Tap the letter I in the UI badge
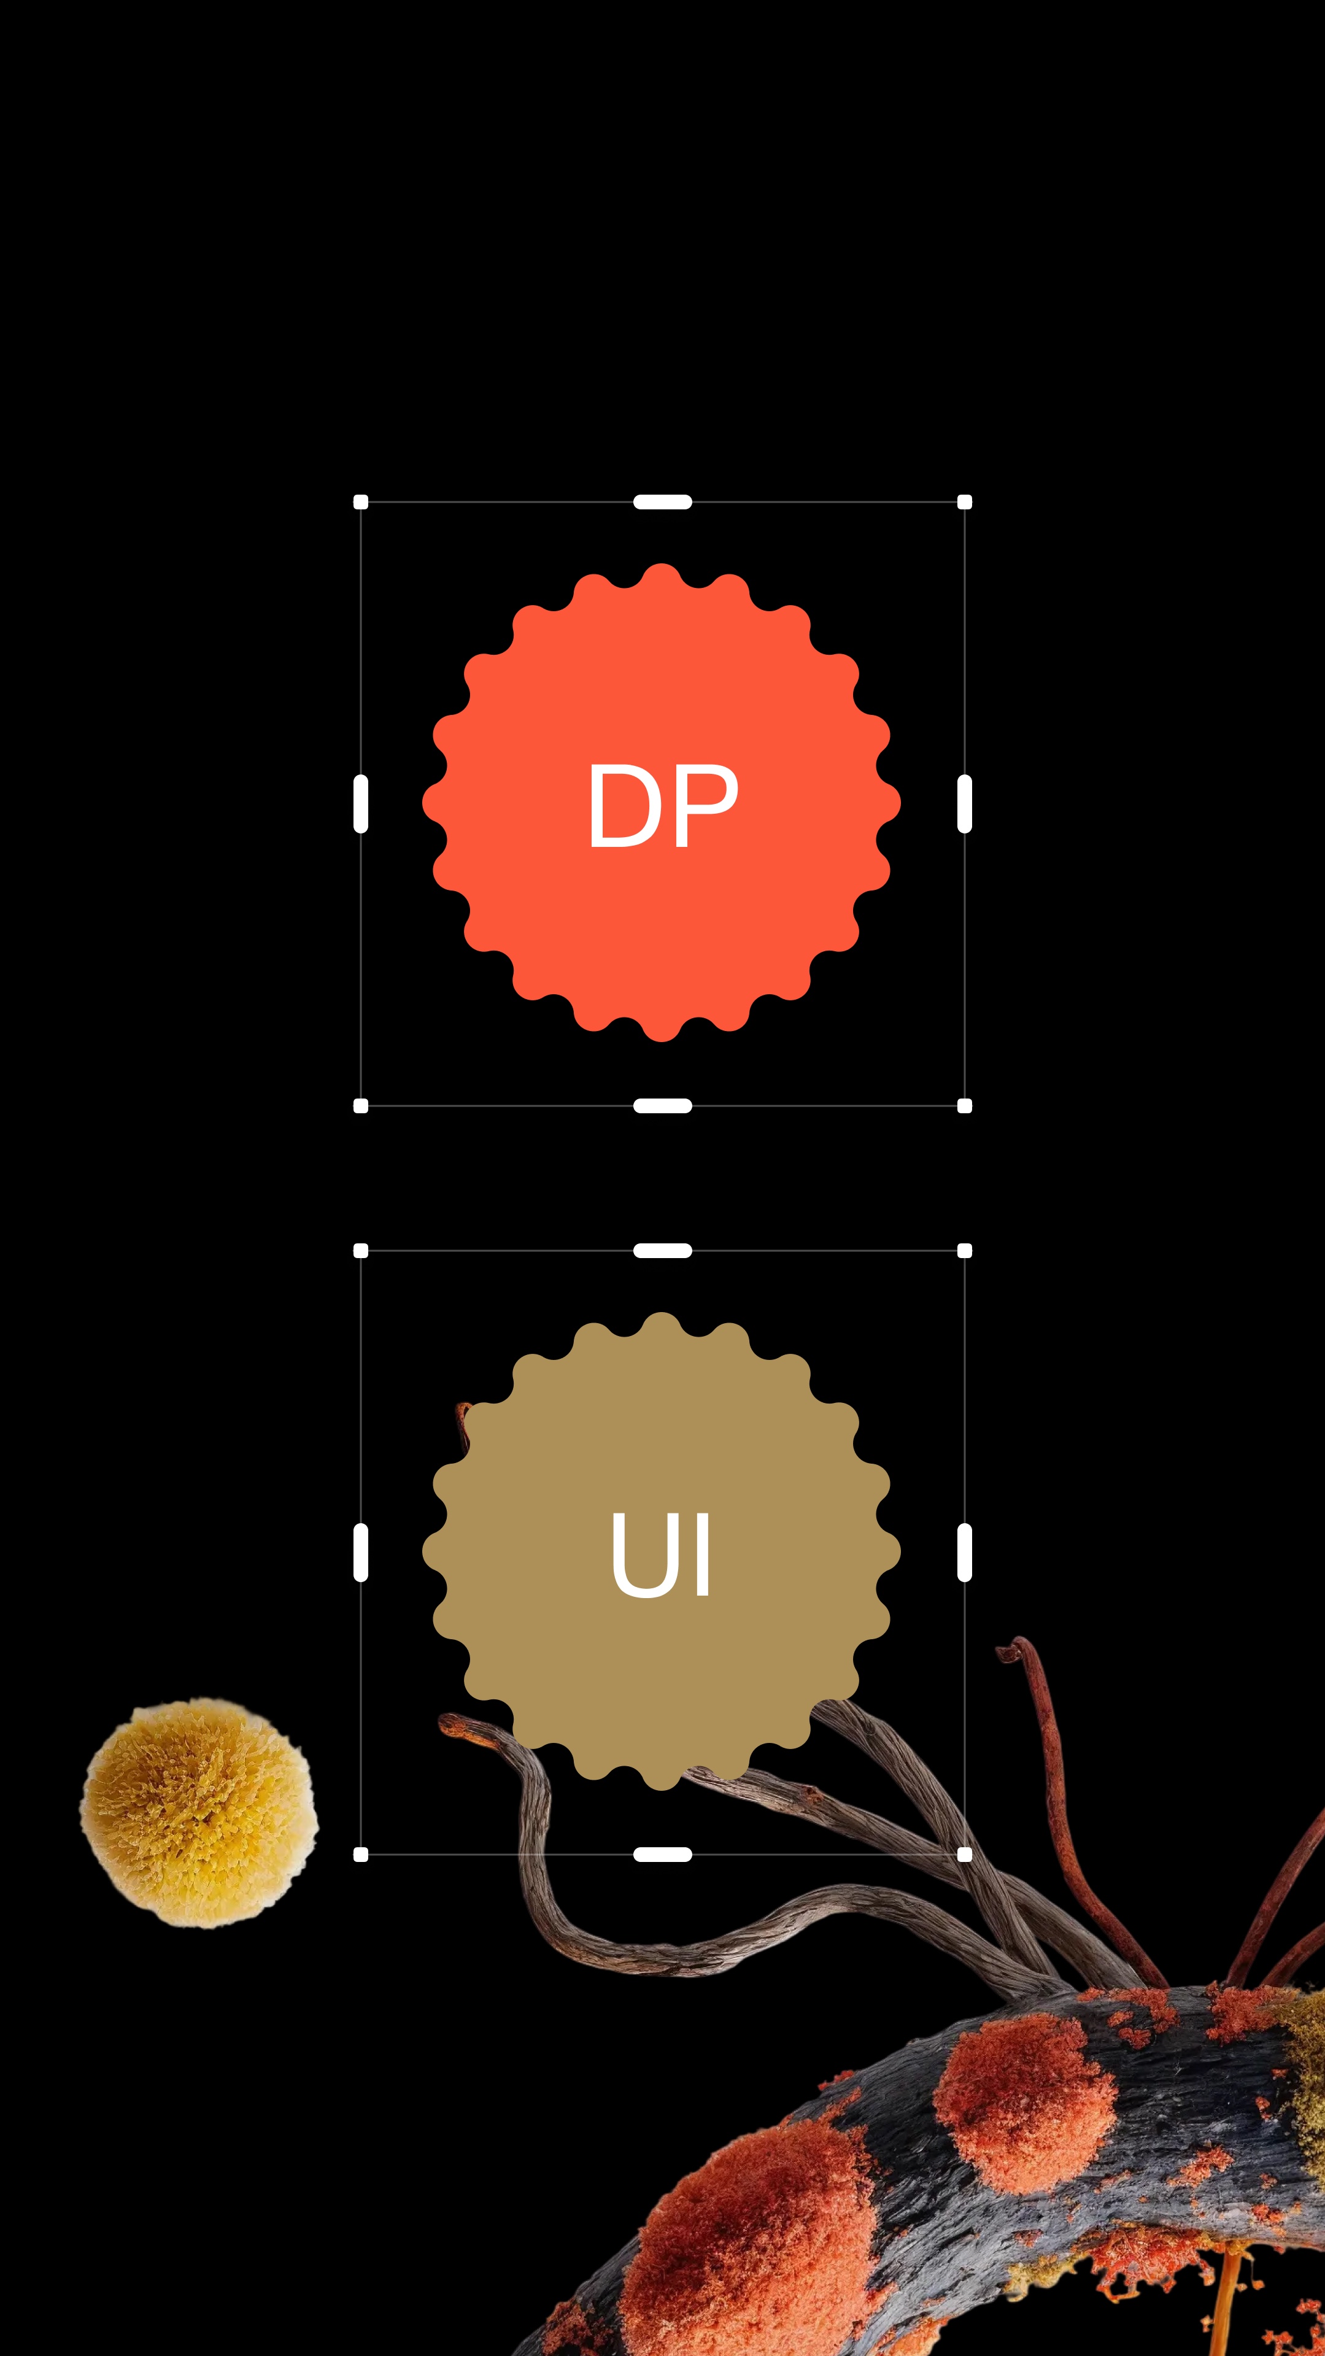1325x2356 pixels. pyautogui.click(x=702, y=1553)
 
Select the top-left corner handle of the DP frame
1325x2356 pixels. pyautogui.click(x=360, y=501)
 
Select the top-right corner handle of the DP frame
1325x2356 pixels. pyautogui.click(x=964, y=501)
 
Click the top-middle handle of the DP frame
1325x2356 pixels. pyautogui.click(x=662, y=501)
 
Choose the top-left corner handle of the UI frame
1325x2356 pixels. pyautogui.click(x=360, y=1250)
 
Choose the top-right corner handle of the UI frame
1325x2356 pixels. pyautogui.click(x=964, y=1250)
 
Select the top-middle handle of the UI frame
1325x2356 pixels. pyautogui.click(x=662, y=1250)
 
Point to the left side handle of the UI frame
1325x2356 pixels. pyautogui.click(x=360, y=1552)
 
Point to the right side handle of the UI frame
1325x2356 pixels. pyautogui.click(x=964, y=1552)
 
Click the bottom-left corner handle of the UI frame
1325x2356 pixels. pyautogui.click(x=360, y=1854)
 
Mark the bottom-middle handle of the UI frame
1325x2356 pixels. pyautogui.click(x=662, y=1854)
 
